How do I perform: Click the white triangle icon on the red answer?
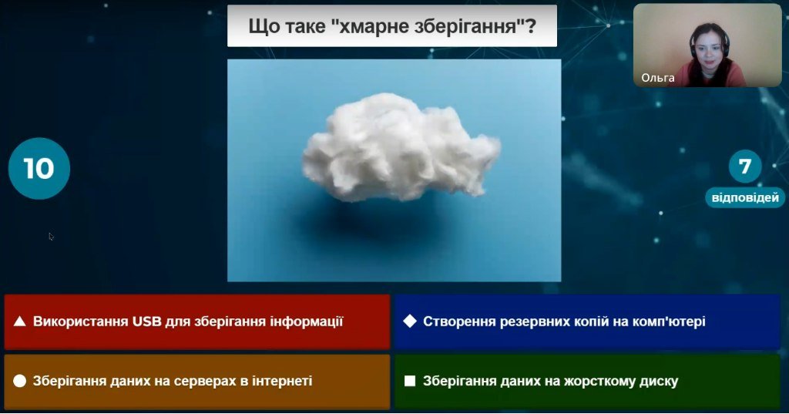(19, 321)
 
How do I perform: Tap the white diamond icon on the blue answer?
(410, 321)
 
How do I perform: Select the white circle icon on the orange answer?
(19, 381)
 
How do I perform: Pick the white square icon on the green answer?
(410, 381)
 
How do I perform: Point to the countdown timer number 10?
(39, 168)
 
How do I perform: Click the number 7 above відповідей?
(745, 167)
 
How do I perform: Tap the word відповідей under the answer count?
(745, 197)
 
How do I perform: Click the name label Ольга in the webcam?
(658, 78)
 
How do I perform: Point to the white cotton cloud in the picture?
(401, 146)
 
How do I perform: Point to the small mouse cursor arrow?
(51, 236)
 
